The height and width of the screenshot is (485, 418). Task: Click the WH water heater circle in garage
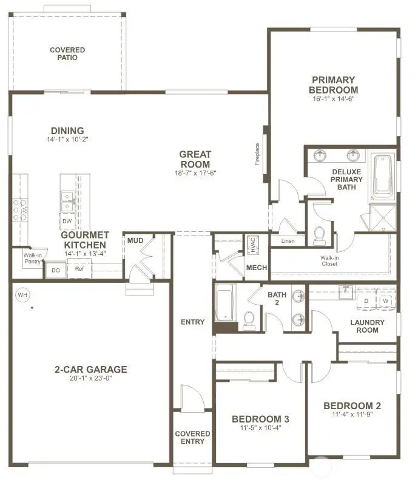click(23, 295)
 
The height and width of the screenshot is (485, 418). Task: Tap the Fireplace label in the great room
click(257, 154)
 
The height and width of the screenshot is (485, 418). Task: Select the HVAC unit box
click(252, 246)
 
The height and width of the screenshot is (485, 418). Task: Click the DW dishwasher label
click(67, 222)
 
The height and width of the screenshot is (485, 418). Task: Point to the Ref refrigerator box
click(79, 268)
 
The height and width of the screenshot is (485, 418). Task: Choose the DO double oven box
click(55, 270)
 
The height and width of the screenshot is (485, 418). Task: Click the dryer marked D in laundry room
click(366, 300)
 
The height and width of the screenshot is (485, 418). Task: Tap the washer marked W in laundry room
click(386, 300)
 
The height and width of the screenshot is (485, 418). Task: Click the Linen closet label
click(288, 241)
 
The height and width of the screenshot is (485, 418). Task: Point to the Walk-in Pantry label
click(32, 259)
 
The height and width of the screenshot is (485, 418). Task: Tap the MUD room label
click(135, 241)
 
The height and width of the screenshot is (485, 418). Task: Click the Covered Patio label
click(67, 54)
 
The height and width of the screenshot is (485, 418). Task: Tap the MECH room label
click(252, 268)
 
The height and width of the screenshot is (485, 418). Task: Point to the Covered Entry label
click(192, 438)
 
